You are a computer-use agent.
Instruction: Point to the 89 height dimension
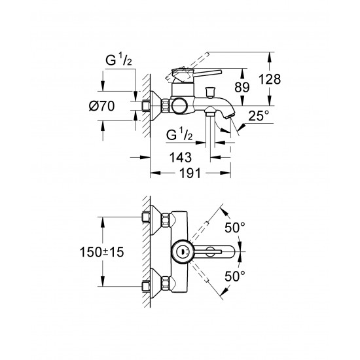coord(259,88)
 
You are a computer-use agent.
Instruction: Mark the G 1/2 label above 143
coord(181,135)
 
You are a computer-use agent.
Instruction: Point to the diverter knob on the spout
coord(213,89)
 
